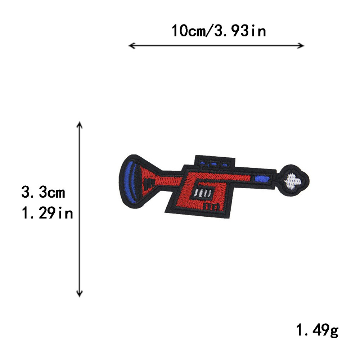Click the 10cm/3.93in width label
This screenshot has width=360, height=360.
pos(219,31)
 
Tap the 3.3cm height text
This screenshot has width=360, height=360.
pos(43,192)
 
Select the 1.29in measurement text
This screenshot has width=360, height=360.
pos(47,213)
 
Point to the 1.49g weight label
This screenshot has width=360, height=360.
pos(317,330)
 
